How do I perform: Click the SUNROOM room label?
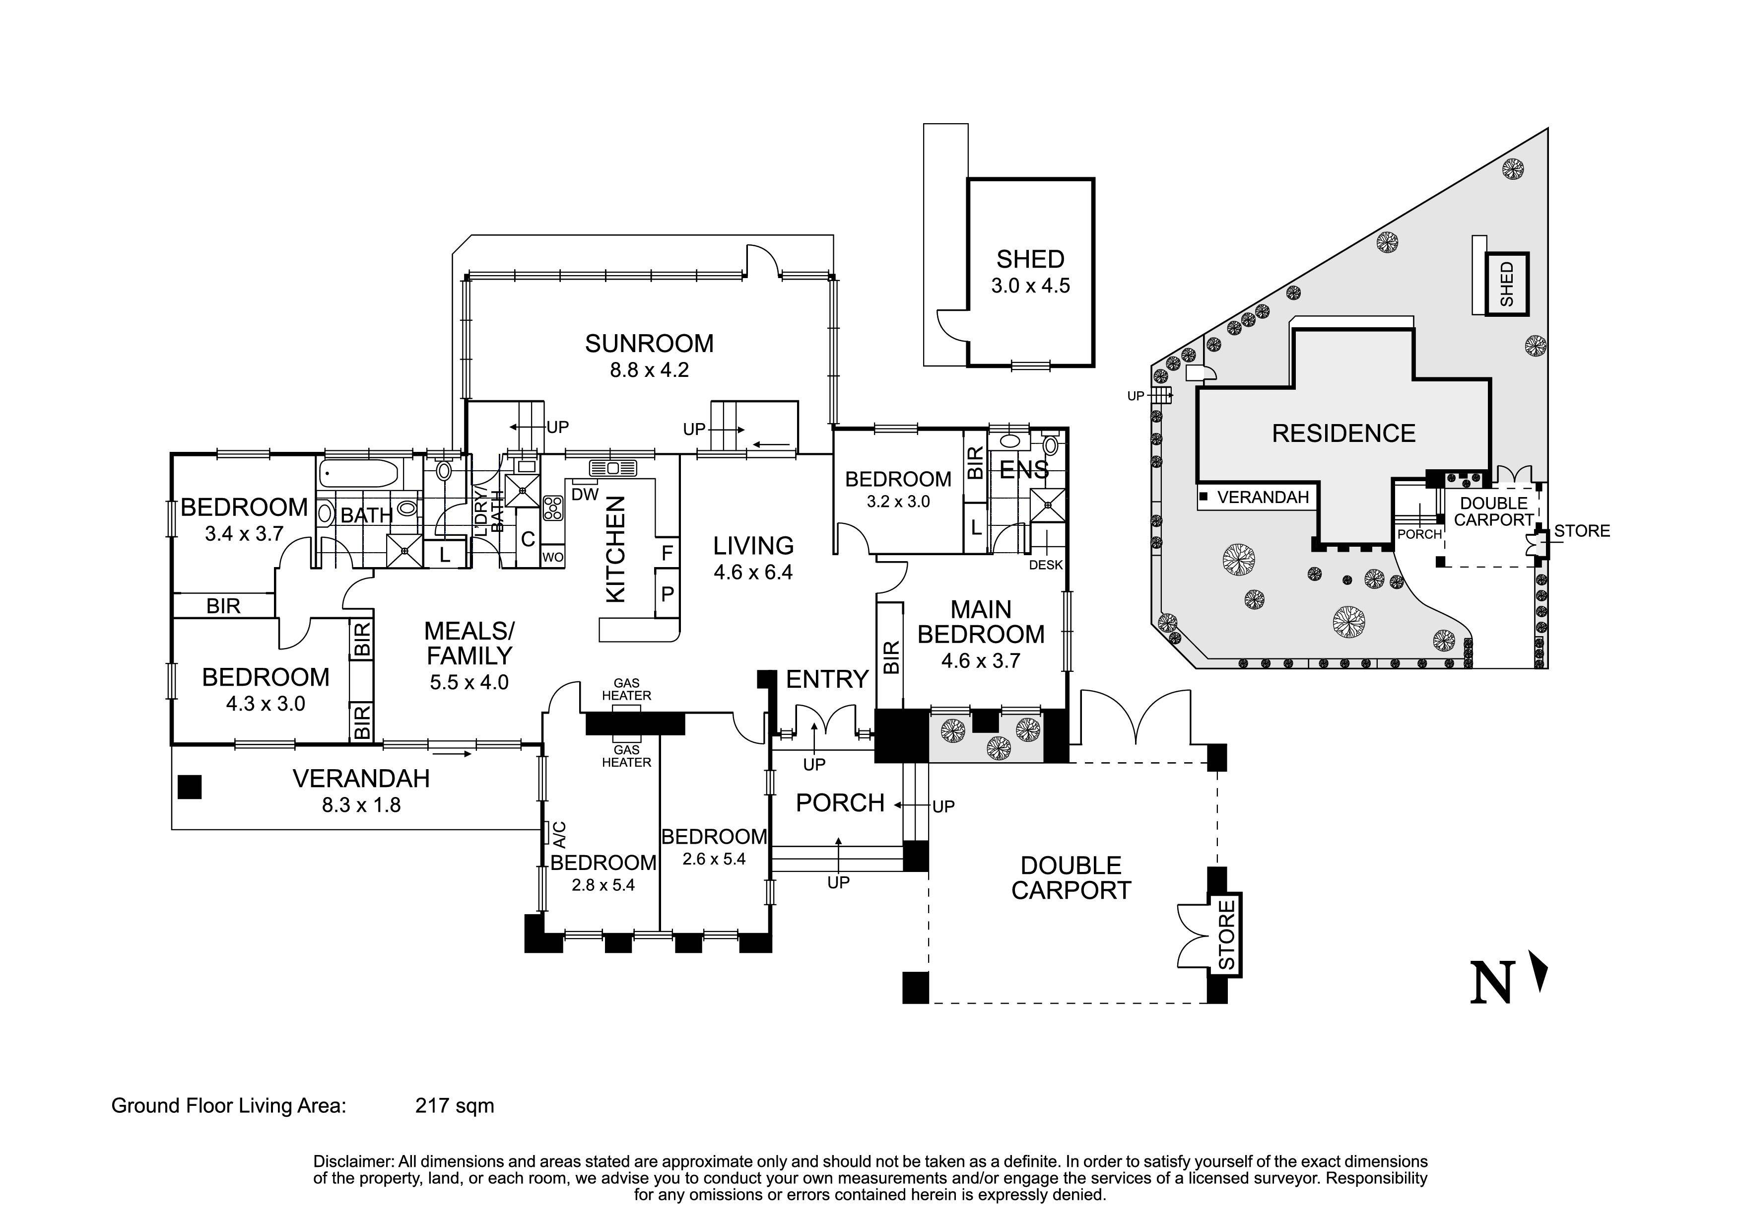(x=649, y=344)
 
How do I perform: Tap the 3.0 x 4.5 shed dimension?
(x=1030, y=286)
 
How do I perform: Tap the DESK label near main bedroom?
(x=1046, y=565)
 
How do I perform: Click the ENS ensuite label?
(x=1024, y=470)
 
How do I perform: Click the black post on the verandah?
(x=190, y=787)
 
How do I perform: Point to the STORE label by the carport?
(x=1226, y=935)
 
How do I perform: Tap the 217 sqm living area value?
(x=454, y=1106)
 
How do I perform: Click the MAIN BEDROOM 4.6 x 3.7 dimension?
(x=981, y=660)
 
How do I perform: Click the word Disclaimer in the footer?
(x=353, y=1162)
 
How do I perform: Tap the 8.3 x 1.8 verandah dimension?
(x=361, y=805)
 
